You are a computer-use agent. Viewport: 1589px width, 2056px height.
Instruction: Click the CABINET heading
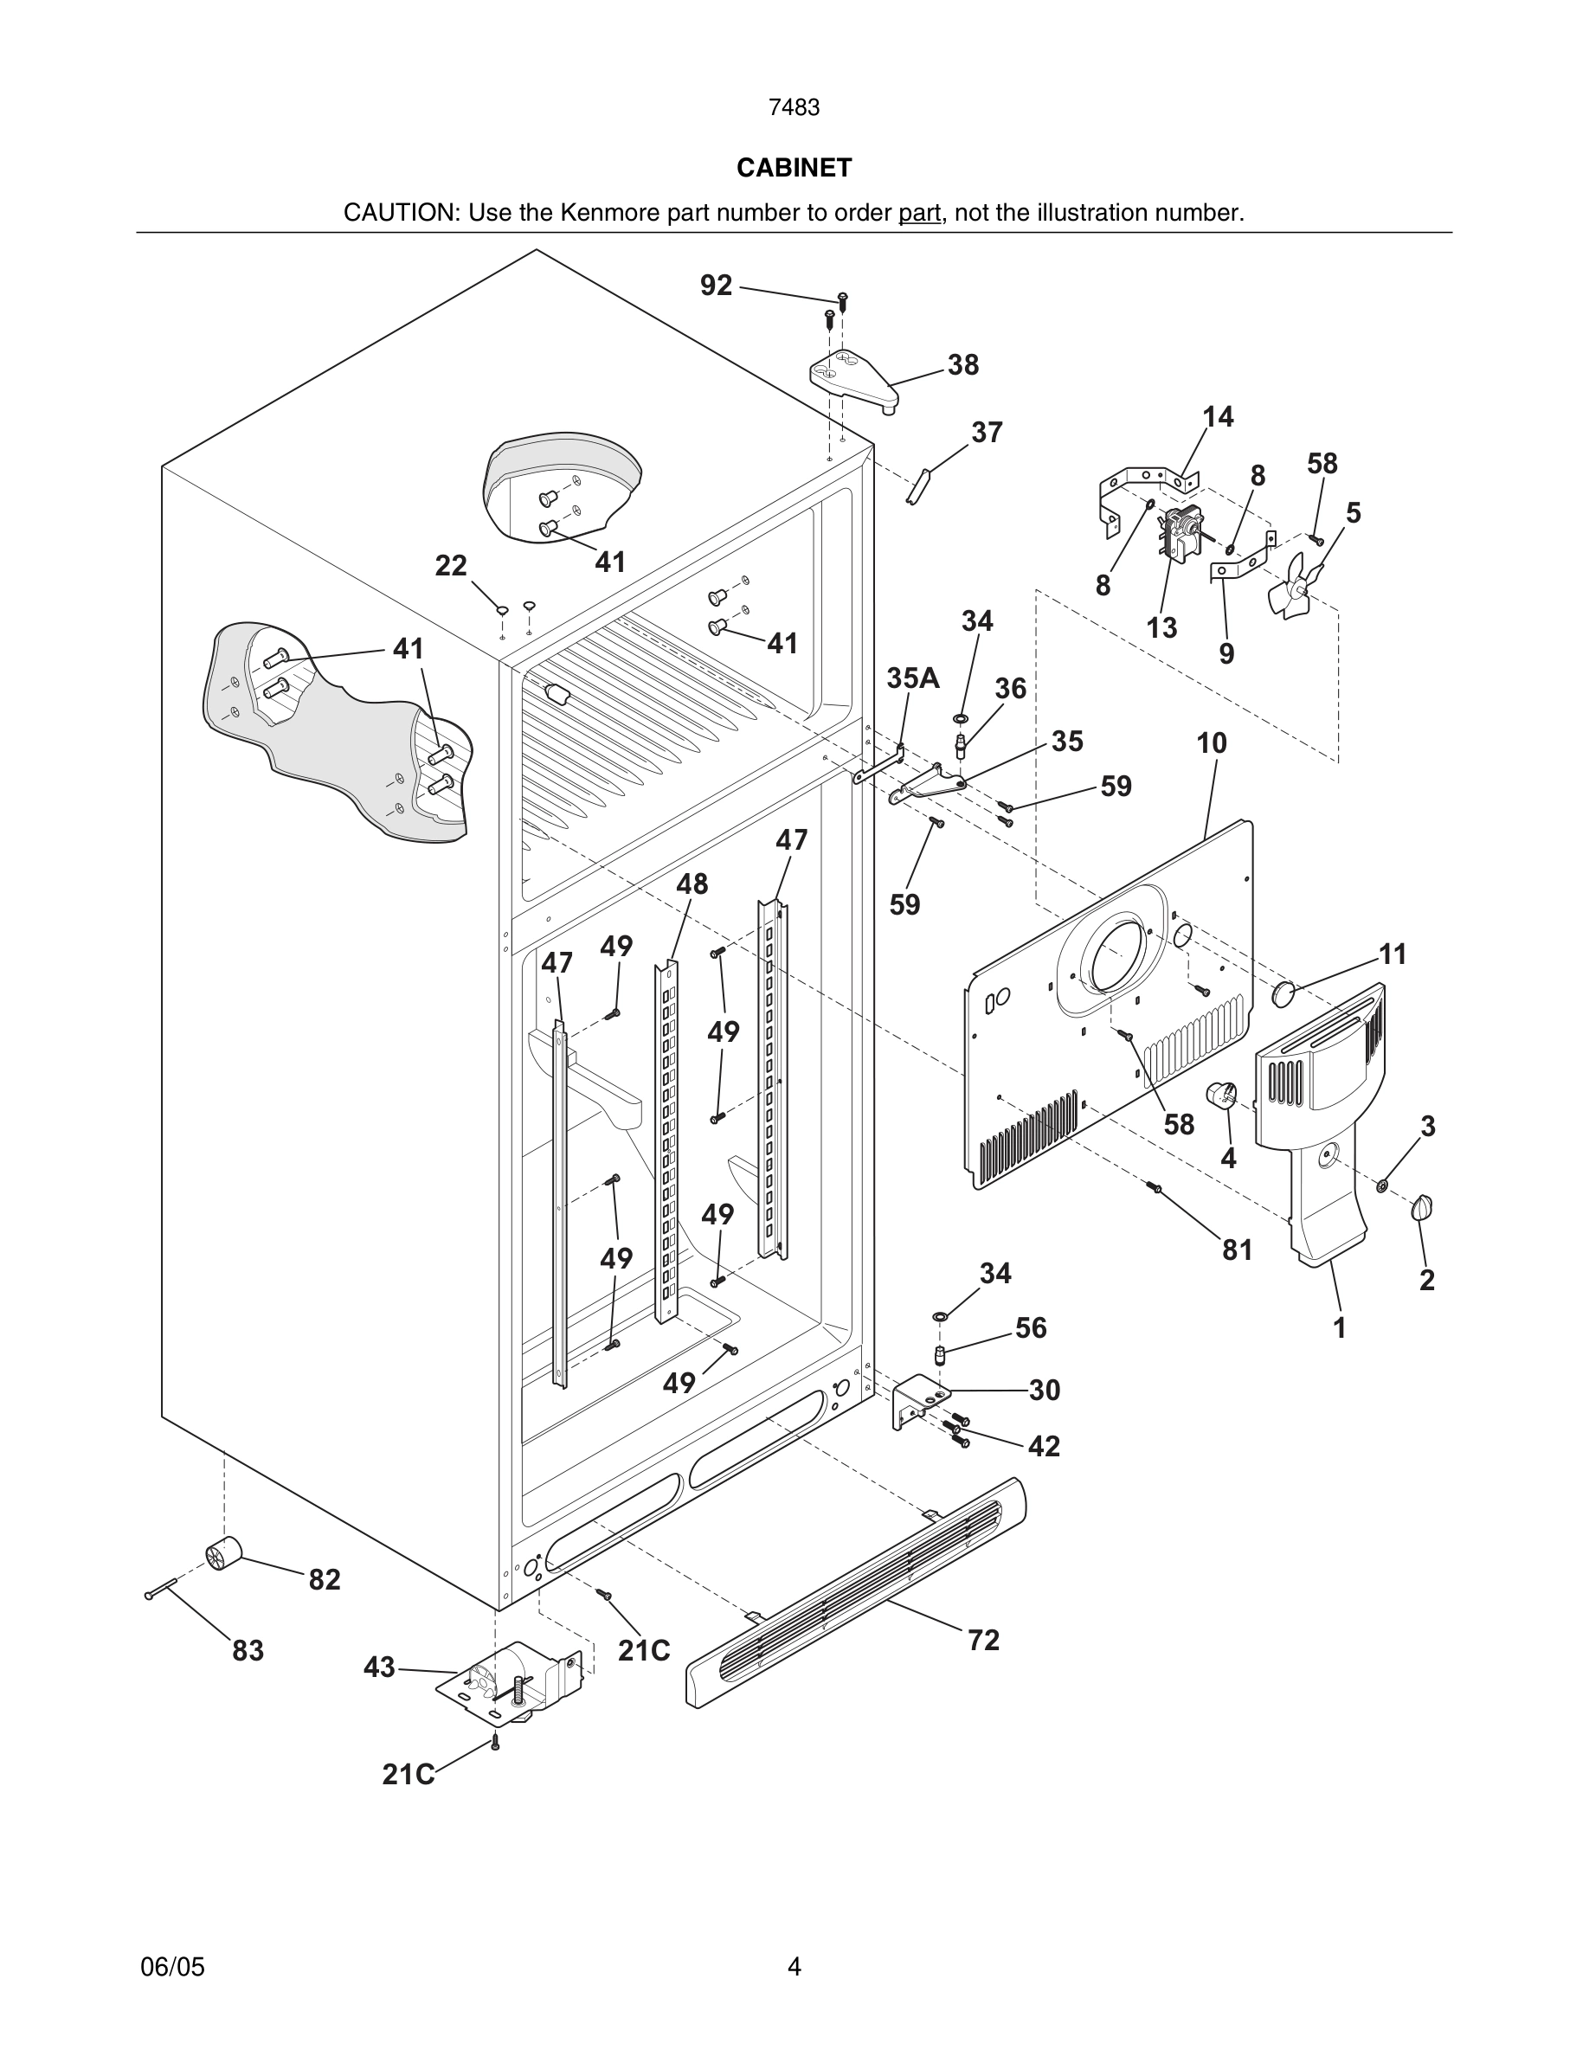[794, 168]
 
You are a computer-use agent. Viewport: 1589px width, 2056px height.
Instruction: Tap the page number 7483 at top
[794, 108]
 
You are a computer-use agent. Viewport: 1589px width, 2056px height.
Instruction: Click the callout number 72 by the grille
[983, 1640]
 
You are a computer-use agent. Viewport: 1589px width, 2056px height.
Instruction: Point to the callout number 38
[962, 365]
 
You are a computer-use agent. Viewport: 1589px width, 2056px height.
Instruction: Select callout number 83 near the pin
[248, 1650]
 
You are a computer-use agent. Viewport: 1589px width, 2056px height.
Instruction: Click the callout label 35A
[912, 678]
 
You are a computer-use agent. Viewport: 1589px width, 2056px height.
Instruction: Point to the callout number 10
[1212, 743]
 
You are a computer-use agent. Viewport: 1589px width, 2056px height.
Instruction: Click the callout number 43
[378, 1667]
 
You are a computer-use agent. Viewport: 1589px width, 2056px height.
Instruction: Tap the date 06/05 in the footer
[172, 1967]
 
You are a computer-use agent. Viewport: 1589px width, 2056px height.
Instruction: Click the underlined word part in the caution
[919, 213]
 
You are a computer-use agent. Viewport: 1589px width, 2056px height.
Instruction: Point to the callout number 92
[716, 286]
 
